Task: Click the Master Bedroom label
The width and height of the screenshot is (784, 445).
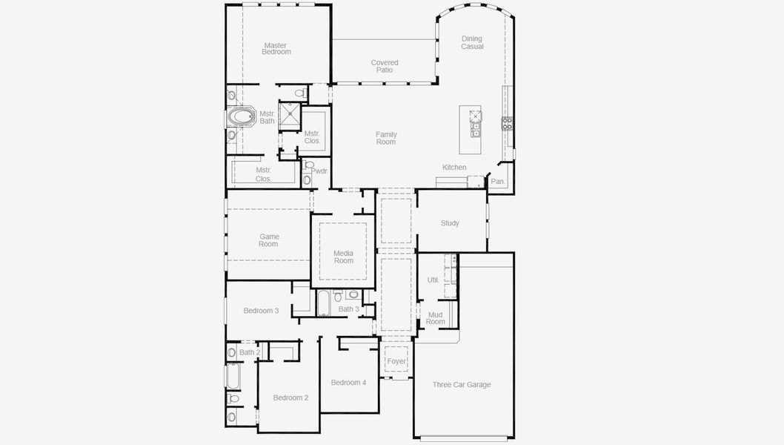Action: tap(276, 49)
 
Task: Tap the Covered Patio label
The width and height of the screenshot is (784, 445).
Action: tap(385, 66)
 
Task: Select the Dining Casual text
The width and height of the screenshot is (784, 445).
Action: tap(472, 42)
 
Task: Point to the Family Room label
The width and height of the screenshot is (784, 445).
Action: tap(386, 138)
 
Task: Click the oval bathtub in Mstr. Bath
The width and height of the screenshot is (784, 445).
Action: tap(240, 117)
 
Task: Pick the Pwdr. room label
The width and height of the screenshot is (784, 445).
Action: tap(319, 171)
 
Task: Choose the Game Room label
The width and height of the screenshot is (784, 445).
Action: tap(268, 240)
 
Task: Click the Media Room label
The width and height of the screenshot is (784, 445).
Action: tap(343, 257)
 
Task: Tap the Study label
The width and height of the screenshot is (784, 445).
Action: tap(450, 223)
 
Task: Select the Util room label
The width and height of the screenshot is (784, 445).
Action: tap(433, 280)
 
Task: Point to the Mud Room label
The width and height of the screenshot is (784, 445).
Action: tap(436, 318)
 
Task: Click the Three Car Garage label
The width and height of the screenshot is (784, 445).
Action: tap(462, 384)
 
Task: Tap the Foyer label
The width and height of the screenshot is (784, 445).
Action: tap(396, 361)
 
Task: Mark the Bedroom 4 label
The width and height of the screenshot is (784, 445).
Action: tap(348, 383)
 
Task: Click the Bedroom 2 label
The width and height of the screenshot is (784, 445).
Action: tap(290, 398)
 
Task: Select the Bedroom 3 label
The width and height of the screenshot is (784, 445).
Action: tap(261, 310)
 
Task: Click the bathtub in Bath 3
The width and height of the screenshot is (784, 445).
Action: tap(324, 302)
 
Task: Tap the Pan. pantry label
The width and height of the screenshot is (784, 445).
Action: tap(498, 181)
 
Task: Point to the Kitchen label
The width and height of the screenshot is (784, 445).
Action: tap(454, 168)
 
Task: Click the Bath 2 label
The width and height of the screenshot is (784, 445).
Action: tap(250, 352)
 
